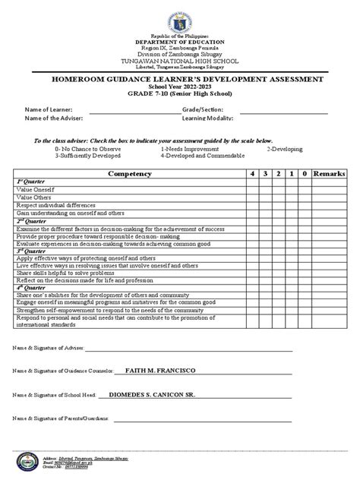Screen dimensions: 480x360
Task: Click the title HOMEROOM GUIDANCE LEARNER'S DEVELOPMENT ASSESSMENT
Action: tap(180, 79)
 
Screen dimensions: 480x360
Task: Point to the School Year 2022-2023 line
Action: tap(180, 87)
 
